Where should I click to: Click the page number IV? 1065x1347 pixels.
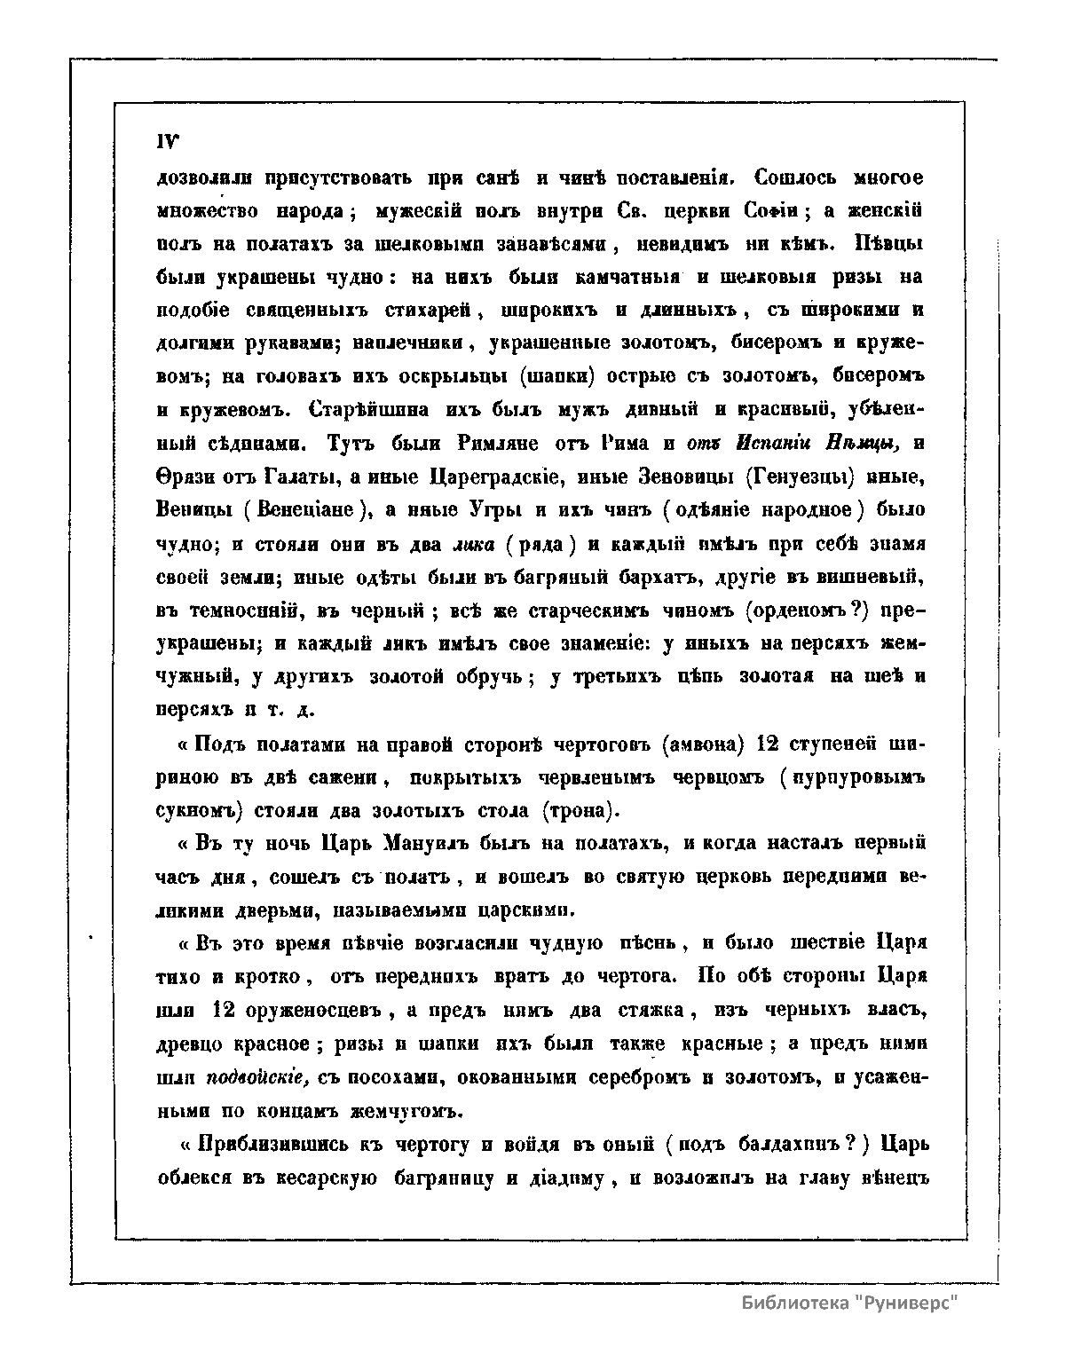pos(167,143)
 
